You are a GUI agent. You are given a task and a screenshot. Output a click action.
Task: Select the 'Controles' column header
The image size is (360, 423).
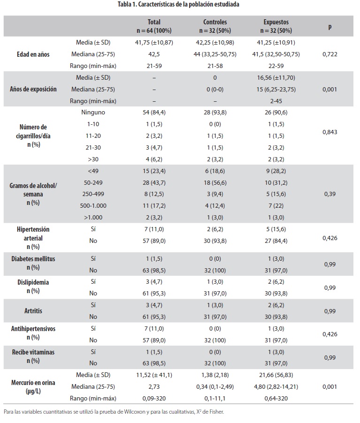(x=214, y=22)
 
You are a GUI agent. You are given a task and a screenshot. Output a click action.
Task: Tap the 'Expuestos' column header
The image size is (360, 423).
(x=276, y=22)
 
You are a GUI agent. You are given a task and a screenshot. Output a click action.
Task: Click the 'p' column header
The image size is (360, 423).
(x=329, y=26)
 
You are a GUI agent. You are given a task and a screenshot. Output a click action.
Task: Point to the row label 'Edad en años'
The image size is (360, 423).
(x=33, y=54)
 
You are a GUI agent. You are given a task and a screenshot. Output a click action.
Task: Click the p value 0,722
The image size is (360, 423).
(x=330, y=54)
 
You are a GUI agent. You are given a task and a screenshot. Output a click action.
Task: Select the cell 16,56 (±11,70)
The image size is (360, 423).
(x=276, y=77)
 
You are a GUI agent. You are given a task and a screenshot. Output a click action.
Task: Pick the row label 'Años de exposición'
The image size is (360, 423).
(x=33, y=89)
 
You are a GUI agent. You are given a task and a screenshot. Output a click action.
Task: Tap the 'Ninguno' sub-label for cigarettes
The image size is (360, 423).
(x=93, y=113)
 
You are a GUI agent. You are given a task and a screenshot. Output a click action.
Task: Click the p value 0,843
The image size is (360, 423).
(x=330, y=133)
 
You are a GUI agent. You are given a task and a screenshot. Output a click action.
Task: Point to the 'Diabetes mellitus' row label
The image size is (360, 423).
(x=33, y=259)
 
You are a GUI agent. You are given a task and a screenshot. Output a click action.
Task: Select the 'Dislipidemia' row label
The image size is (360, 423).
(x=33, y=283)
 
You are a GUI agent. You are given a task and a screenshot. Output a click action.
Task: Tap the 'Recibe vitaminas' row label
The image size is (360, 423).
(x=33, y=352)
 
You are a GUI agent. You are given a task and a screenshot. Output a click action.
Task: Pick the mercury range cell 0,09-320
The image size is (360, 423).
(x=154, y=398)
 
